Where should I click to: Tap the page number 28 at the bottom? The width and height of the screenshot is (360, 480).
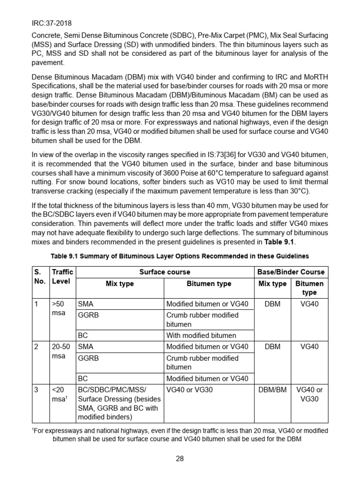[x=180, y=459]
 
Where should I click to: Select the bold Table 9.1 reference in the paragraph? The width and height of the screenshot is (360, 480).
[x=279, y=242]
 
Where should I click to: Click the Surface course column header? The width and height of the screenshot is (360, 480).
[x=165, y=272]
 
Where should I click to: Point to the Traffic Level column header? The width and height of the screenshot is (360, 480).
[x=62, y=277]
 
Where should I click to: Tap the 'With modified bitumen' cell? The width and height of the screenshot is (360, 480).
[x=202, y=335]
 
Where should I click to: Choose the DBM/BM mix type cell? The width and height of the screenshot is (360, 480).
[x=272, y=390]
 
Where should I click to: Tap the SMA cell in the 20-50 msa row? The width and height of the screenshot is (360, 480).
[x=86, y=346]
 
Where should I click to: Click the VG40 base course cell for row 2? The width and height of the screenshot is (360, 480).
[x=309, y=346]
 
